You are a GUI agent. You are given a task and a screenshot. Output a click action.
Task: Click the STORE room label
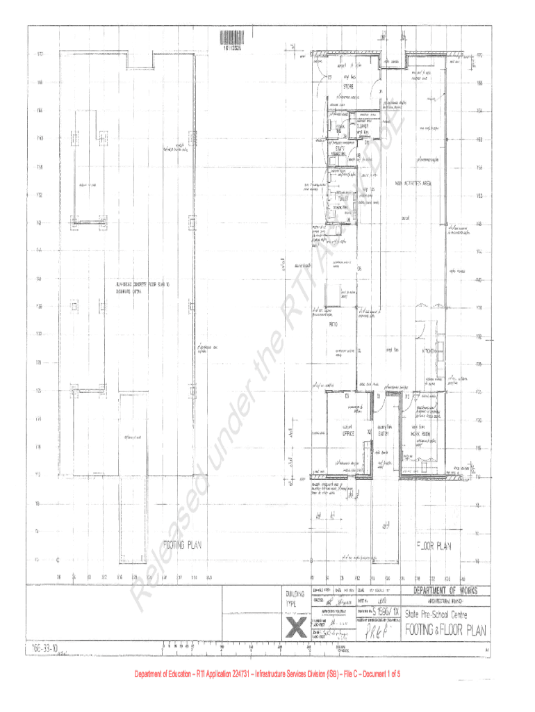(347, 88)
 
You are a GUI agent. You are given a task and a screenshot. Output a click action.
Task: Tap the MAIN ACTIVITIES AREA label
(414, 184)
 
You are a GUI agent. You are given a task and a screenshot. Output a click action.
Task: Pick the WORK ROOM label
(422, 433)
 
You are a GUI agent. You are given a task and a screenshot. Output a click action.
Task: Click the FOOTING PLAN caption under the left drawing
(182, 545)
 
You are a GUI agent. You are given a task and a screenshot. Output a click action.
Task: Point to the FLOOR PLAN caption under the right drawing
(433, 546)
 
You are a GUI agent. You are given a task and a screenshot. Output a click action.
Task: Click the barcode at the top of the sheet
(233, 39)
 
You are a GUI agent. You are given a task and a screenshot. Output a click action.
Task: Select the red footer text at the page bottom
(267, 674)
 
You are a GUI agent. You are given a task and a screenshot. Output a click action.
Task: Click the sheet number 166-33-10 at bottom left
(44, 647)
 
